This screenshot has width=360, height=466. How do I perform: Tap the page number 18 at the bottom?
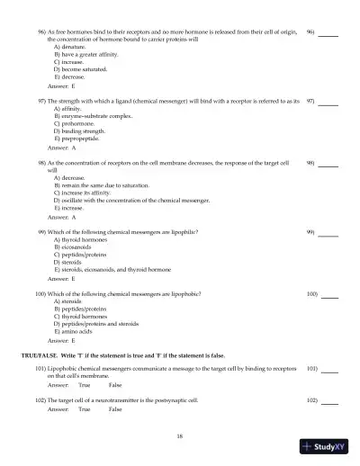coord(180,435)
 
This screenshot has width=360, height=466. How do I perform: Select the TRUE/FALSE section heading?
coord(123,356)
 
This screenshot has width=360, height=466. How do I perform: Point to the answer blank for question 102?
coord(329,399)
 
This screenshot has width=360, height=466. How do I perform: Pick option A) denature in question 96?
coord(73,46)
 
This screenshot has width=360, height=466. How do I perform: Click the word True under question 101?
coord(84,384)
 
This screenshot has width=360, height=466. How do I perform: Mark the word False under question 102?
coord(115,409)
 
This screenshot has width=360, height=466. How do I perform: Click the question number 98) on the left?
coord(41,163)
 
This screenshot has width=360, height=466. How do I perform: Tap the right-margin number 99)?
coord(311,231)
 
